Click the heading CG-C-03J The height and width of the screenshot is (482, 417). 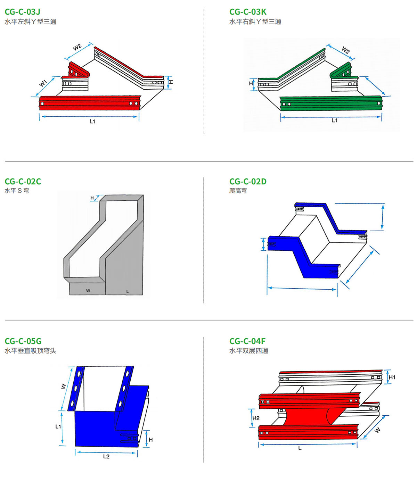22,12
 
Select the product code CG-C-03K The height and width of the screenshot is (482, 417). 248,12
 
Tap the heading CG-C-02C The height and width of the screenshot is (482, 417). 23,181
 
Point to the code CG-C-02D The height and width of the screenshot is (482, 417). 248,181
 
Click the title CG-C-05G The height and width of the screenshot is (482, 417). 23,341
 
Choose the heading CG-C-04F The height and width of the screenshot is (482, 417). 247,341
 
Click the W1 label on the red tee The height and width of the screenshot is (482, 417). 43,83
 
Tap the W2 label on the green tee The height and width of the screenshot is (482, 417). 346,50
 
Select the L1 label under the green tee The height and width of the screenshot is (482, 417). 335,120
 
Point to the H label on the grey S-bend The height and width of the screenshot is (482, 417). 92,198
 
